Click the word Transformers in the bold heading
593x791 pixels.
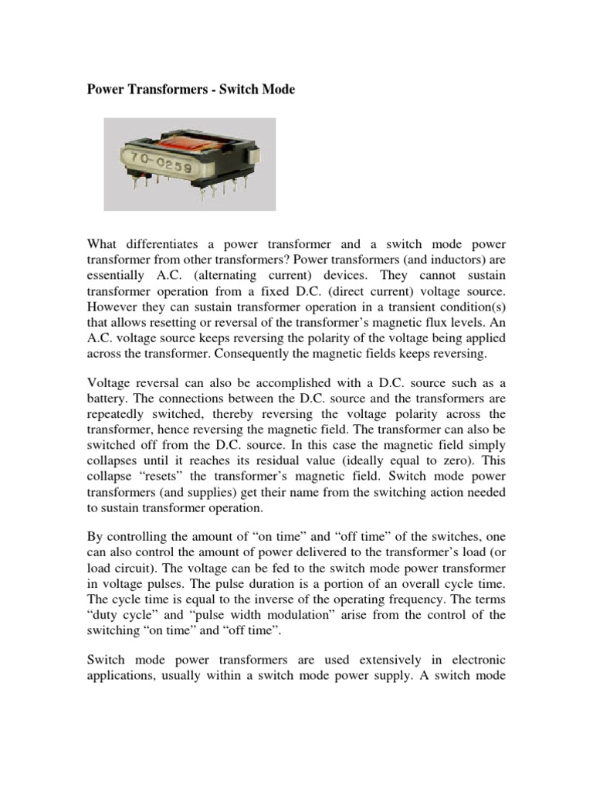(x=161, y=90)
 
